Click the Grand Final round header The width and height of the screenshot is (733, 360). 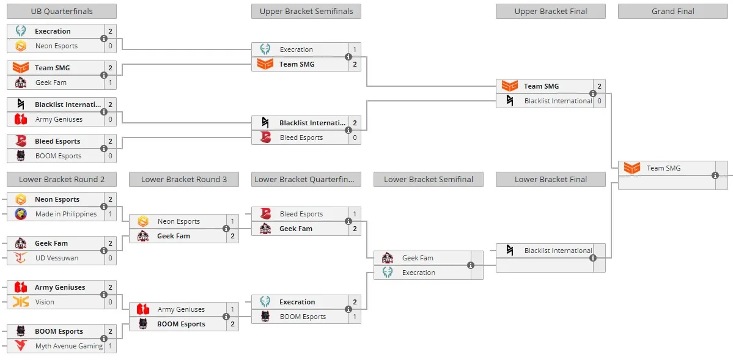click(x=672, y=11)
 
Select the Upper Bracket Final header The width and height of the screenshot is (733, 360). click(x=551, y=11)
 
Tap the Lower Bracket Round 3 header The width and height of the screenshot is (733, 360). click(x=184, y=179)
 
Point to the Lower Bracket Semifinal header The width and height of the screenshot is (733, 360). click(x=428, y=179)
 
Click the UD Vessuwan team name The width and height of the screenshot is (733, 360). click(x=57, y=257)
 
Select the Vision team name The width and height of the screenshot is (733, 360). click(x=45, y=302)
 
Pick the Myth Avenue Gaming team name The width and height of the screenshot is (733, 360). click(x=68, y=346)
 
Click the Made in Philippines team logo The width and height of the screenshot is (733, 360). click(x=21, y=214)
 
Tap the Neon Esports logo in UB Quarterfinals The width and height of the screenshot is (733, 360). click(x=21, y=46)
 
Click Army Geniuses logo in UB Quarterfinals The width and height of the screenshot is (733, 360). click(x=21, y=119)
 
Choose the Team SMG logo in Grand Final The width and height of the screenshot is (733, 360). click(x=632, y=168)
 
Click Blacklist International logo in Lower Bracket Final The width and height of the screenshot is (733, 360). click(x=510, y=251)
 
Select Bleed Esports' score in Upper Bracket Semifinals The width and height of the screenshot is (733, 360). click(x=355, y=138)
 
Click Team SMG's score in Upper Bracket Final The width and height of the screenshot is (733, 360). click(x=599, y=86)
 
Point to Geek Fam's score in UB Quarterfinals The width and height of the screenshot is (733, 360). click(x=110, y=83)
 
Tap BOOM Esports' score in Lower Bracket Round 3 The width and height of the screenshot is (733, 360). click(x=232, y=324)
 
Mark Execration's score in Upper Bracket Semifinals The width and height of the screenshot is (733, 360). click(x=355, y=50)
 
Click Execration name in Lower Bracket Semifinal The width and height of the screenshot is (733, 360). click(x=418, y=273)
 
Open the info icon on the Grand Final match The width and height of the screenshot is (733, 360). click(x=715, y=175)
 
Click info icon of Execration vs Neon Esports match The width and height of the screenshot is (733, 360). click(x=104, y=39)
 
